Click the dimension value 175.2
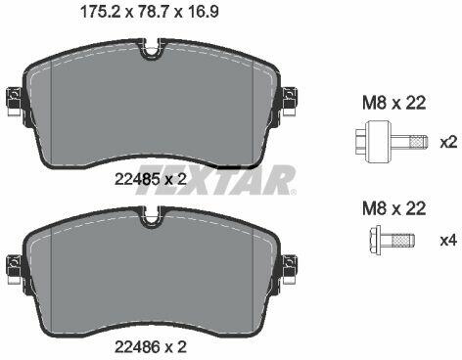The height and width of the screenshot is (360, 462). click(x=100, y=12)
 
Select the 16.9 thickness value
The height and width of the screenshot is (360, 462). click(x=203, y=12)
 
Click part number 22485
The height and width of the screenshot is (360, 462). click(x=137, y=179)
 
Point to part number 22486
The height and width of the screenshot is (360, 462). click(x=137, y=346)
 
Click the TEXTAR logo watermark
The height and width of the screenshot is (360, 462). click(x=216, y=180)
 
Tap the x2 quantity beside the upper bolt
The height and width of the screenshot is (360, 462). click(x=449, y=143)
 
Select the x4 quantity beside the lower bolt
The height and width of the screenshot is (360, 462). click(x=449, y=241)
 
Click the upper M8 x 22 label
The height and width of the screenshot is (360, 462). click(x=394, y=103)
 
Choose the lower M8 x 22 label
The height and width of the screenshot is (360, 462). click(x=394, y=208)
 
